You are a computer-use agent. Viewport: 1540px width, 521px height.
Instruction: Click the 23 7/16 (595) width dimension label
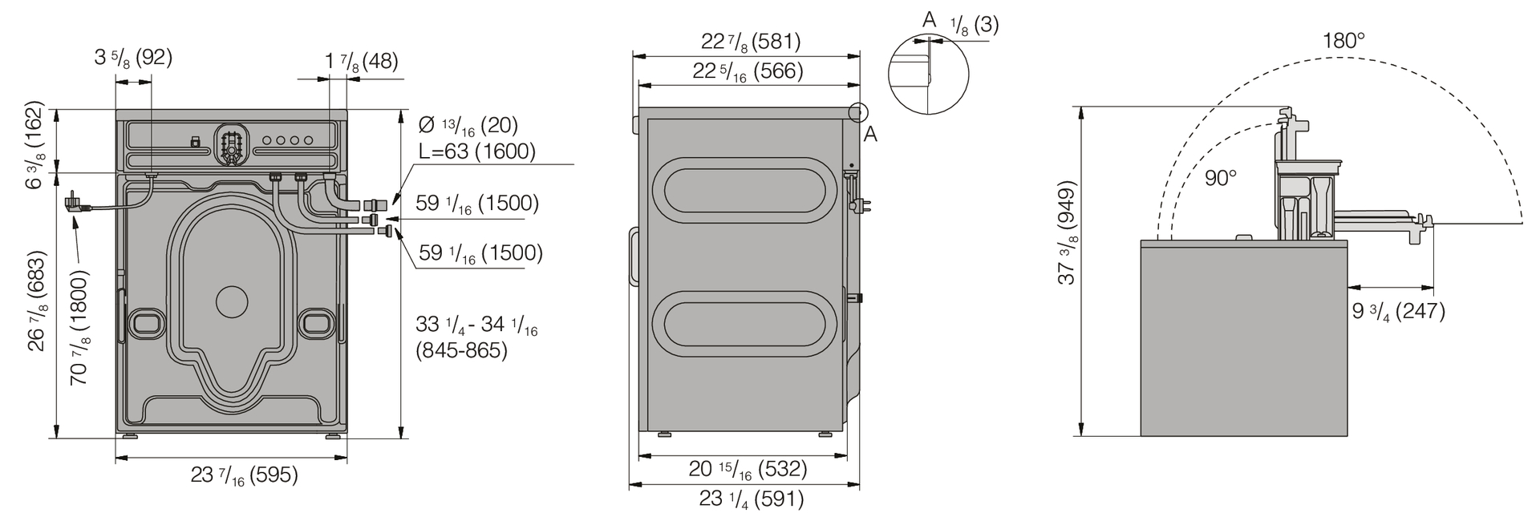[x=245, y=475]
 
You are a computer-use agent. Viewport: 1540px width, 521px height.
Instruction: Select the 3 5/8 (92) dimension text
[x=133, y=58]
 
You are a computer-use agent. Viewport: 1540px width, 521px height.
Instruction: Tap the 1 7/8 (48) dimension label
[x=362, y=62]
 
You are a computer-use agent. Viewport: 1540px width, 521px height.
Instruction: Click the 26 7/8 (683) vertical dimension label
[x=37, y=301]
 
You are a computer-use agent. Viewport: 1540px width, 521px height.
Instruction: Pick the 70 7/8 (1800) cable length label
[x=79, y=327]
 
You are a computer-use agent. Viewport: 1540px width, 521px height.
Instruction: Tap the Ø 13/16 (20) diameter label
[x=468, y=126]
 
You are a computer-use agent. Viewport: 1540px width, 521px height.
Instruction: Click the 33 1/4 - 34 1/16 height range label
[x=476, y=337]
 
